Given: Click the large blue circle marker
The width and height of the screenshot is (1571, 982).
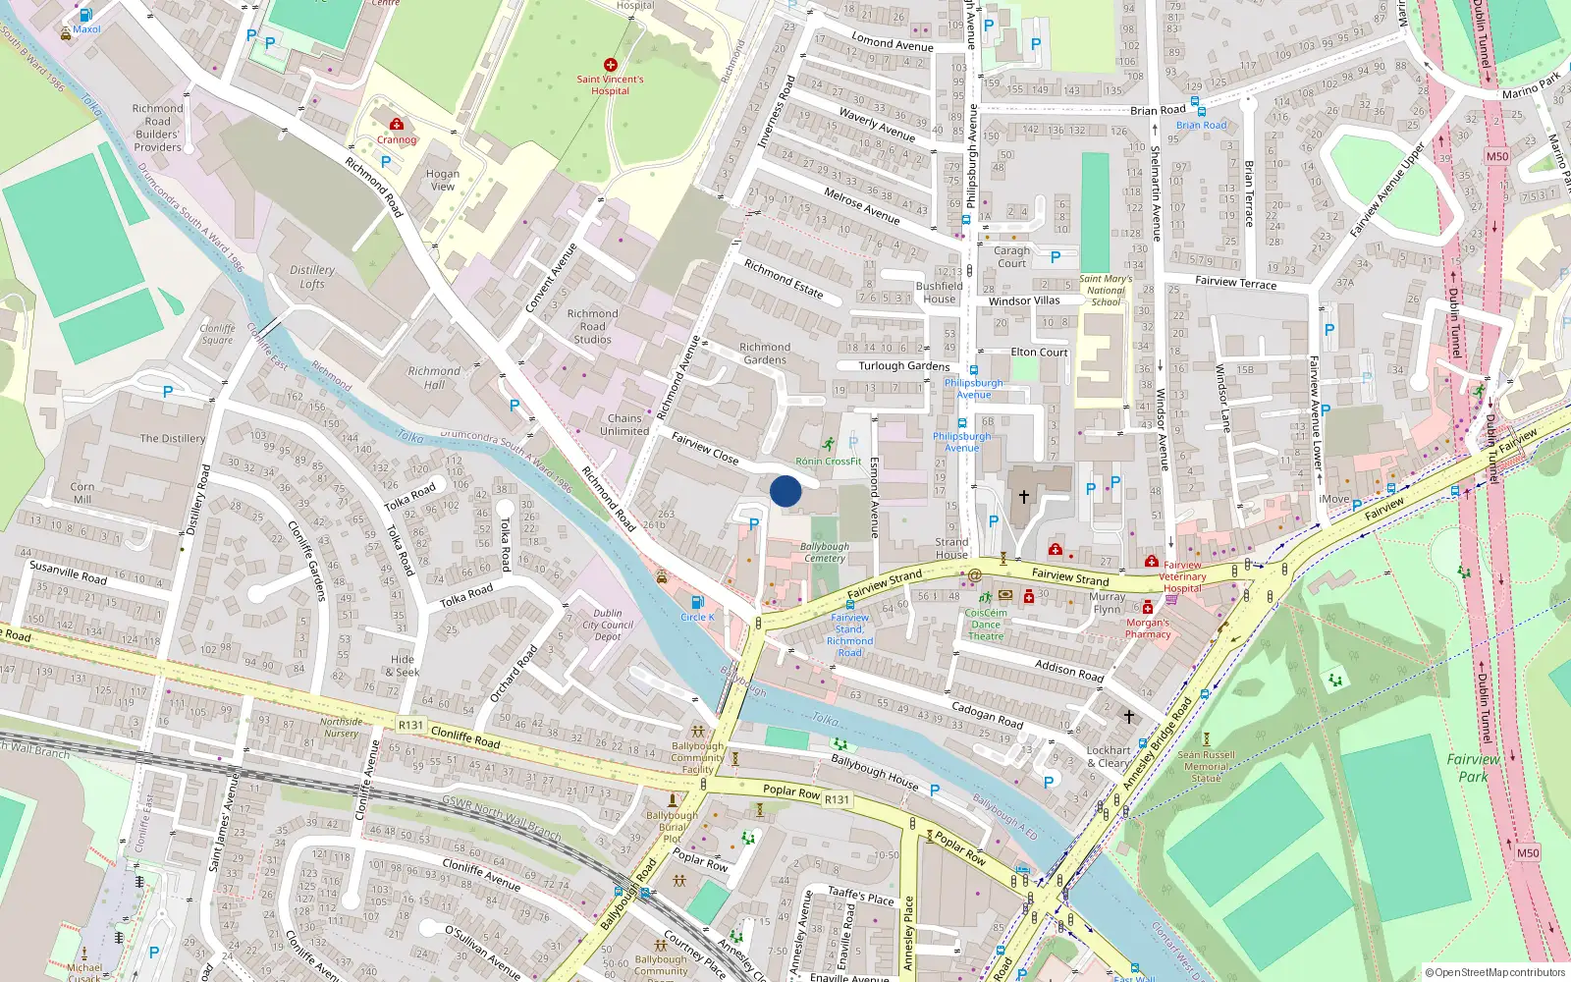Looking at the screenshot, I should (785, 491).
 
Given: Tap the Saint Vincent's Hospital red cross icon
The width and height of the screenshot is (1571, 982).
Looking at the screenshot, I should (611, 65).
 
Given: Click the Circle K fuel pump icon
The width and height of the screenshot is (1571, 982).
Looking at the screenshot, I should (697, 602).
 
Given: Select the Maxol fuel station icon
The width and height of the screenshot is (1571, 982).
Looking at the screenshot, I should (85, 16).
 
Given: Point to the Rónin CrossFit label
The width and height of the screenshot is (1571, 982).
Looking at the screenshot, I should (828, 461).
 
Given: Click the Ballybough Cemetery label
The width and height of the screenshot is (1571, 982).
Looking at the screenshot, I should (825, 552).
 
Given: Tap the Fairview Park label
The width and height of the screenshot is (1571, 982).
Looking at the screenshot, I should (1473, 767).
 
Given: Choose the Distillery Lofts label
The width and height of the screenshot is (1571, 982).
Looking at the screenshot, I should (312, 276).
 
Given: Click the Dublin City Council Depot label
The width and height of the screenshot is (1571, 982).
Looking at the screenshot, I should (608, 625).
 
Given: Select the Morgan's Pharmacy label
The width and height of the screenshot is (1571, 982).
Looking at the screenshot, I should (1148, 628).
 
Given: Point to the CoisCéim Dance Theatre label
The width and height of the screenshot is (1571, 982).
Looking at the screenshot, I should (986, 625).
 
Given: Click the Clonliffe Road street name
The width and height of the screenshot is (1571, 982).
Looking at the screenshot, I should (465, 736).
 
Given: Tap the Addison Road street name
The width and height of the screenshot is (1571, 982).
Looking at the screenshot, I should (1069, 671).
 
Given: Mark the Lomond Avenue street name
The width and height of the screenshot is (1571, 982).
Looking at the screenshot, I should (893, 43).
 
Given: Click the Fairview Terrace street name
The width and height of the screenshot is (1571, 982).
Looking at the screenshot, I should (1235, 282).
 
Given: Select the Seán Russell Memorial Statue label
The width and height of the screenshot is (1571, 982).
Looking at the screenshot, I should (1207, 766).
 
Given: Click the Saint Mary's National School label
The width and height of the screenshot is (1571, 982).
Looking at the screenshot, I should (1106, 290).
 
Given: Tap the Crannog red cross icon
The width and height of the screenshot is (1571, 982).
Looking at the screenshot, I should (397, 125).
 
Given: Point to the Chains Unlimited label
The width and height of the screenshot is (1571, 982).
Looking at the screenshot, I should (624, 424).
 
